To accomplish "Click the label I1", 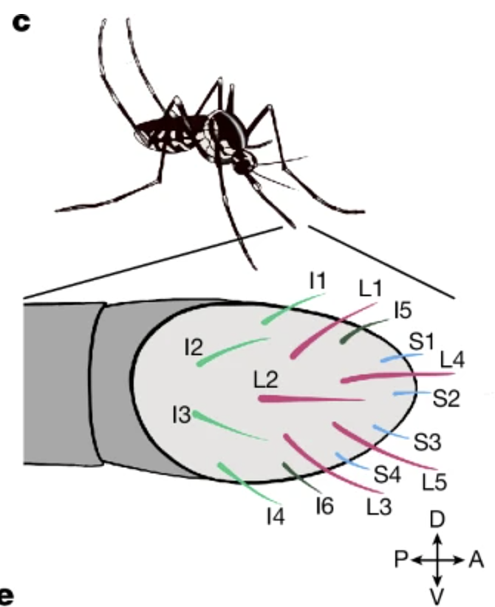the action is (318, 281).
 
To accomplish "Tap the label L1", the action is (371, 289).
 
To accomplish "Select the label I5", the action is (403, 310).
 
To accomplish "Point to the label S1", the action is (422, 341).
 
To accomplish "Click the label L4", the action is (452, 360).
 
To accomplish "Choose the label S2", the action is (446, 398).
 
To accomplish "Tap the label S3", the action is (428, 442).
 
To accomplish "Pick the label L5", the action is (434, 482).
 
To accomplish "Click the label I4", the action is (276, 515).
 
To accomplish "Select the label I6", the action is (324, 506).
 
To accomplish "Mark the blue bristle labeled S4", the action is (352, 461).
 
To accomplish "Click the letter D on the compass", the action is (437, 520).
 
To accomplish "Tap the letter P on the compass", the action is (401, 560).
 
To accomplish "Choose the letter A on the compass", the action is (477, 560).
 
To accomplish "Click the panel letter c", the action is (21, 23).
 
